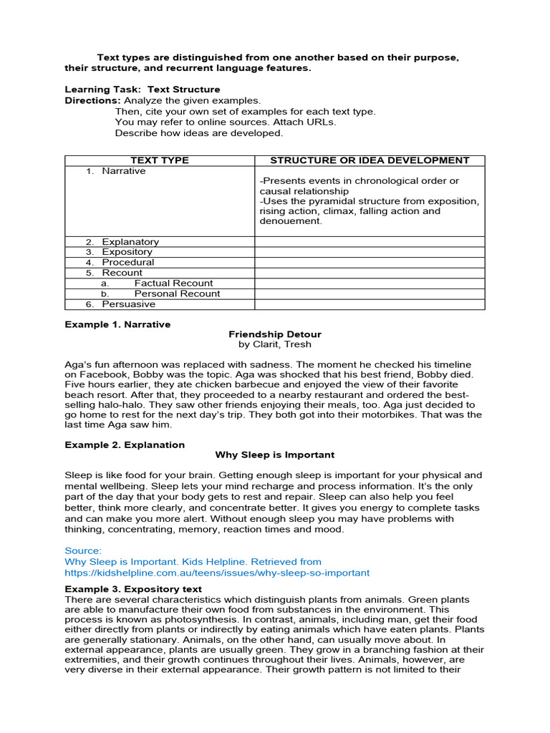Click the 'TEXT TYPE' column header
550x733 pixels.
pos(160,160)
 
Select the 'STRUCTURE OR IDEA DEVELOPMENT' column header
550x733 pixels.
pos(370,160)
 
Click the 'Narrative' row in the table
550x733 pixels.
pos(123,171)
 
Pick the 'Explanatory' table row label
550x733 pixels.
pos(130,242)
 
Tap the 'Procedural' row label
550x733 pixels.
pos(127,262)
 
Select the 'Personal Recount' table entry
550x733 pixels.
pos(177,293)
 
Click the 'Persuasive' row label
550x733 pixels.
pos(128,304)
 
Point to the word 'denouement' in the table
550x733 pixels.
pos(289,221)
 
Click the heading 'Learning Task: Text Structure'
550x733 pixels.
pos(143,89)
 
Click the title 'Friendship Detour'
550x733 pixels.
pos(275,334)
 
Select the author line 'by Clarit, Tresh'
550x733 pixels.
pos(275,344)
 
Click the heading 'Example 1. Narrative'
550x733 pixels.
pos(117,324)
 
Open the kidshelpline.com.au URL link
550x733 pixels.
pos(217,573)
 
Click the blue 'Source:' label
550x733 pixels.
pos(83,550)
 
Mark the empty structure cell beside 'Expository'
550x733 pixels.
pos(370,252)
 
